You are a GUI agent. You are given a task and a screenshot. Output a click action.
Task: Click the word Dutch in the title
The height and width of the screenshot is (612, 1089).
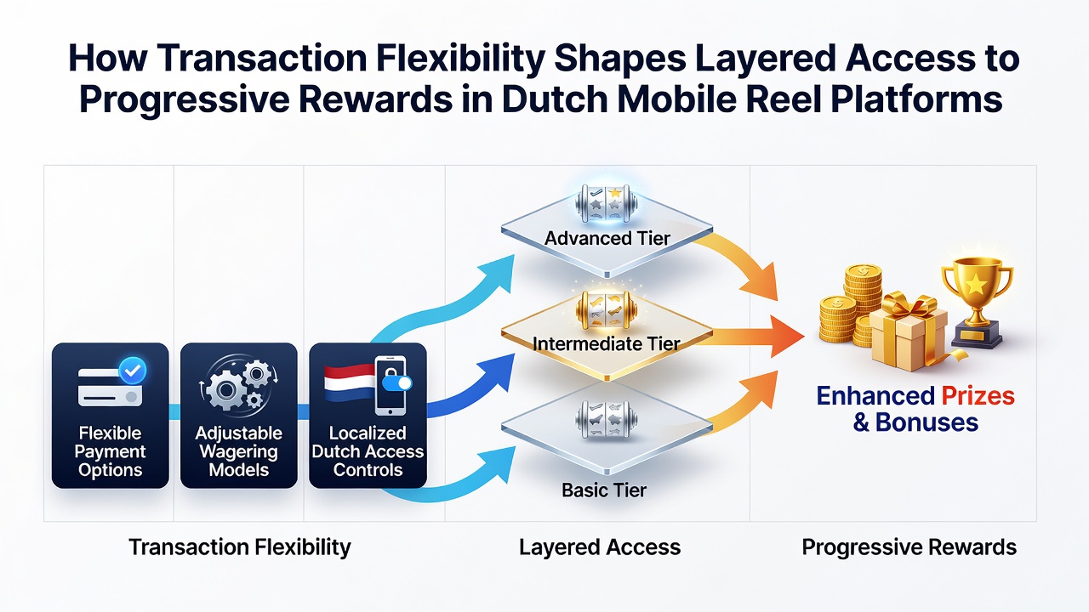pos(553,99)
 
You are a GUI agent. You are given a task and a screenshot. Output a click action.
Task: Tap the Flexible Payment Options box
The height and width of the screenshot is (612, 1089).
pos(111,416)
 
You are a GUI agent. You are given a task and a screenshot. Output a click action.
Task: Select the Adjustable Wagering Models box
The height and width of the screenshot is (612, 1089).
pos(239,416)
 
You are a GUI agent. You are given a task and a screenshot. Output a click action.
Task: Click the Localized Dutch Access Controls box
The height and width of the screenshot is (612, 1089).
pos(368,416)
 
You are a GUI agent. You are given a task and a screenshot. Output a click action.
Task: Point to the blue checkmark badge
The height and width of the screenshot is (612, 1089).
pos(133,371)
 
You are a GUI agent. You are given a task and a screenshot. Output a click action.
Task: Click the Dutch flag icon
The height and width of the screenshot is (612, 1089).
pos(349,382)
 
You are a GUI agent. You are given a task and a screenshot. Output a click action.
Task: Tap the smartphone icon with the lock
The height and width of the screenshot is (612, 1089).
pos(392,386)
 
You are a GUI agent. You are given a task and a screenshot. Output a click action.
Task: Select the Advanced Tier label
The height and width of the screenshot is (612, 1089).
pos(607,238)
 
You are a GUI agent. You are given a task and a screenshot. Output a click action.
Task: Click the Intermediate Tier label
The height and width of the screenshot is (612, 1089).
pos(607,344)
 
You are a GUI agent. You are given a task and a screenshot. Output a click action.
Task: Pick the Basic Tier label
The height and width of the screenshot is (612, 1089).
pos(604,490)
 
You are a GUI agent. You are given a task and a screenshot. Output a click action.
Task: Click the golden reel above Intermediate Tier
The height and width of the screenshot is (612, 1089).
pos(607,309)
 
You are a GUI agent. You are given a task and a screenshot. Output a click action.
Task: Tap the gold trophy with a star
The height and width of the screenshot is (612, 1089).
pos(978,303)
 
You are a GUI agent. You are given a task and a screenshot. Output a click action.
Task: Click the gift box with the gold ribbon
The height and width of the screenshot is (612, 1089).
pos(908,333)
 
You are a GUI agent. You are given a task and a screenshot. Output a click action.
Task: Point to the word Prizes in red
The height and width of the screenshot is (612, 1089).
pos(978,396)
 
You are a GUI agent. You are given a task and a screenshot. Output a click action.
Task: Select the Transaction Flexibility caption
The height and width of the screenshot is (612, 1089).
pos(240,547)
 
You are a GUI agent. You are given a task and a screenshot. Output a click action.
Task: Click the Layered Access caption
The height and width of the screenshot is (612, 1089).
pos(600,547)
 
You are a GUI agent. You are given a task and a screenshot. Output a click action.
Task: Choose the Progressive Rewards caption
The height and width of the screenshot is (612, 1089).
pos(909,547)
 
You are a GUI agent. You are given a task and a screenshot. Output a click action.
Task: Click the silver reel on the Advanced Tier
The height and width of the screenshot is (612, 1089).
pos(607,204)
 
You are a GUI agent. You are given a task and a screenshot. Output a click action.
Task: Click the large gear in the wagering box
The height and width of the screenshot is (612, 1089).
pos(225,389)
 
